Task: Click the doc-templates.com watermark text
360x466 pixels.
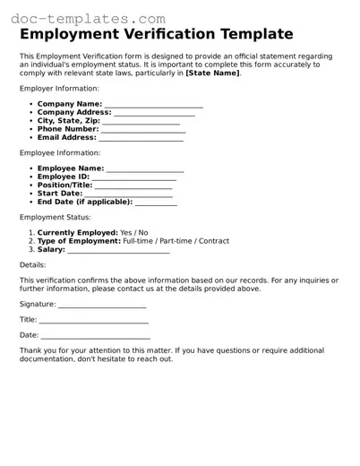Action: point(83,17)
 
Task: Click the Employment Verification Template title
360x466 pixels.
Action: point(156,34)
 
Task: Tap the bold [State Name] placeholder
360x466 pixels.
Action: point(212,73)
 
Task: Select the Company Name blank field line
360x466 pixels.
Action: point(154,106)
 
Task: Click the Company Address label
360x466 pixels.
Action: point(74,113)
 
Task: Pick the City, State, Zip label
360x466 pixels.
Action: point(68,121)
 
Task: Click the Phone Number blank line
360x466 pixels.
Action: point(143,130)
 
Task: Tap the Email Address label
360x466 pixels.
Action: point(66,138)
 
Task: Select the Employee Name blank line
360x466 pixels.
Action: point(145,168)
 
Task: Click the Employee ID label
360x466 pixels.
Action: point(64,177)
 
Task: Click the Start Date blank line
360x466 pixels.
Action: point(129,194)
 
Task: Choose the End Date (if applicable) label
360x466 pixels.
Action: point(85,203)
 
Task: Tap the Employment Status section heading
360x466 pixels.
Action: point(55,217)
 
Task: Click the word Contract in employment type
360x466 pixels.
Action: point(214,241)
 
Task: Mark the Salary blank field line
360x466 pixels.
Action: point(118,250)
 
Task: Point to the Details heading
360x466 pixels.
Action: point(32,265)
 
